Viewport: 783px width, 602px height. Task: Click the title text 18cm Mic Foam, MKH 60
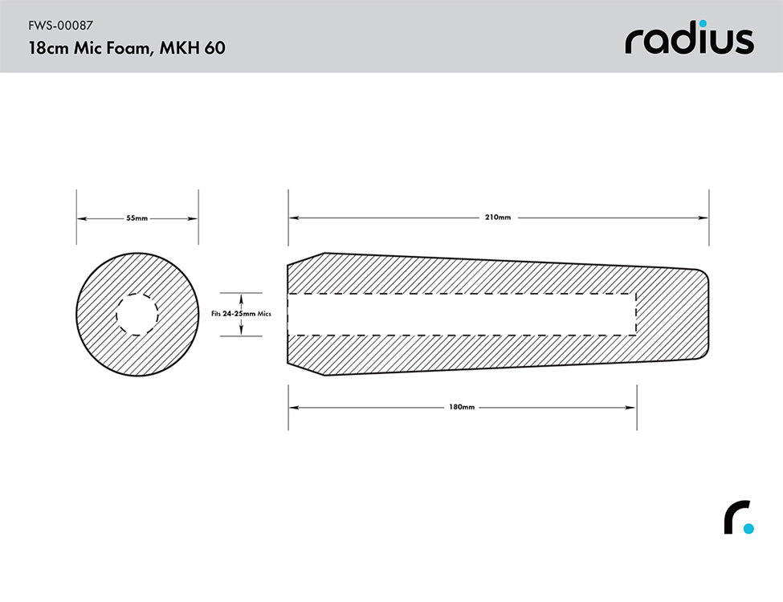tap(126, 47)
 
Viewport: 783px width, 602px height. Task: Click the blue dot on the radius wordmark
tap(703, 23)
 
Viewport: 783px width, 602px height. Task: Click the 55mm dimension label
tap(137, 218)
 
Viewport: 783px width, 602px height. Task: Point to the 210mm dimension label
tap(498, 218)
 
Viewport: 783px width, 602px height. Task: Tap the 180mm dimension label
tap(462, 408)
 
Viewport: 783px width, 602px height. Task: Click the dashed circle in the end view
tap(137, 314)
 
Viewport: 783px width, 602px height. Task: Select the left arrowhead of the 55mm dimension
tap(81, 218)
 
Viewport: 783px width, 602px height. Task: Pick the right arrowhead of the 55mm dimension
tap(194, 218)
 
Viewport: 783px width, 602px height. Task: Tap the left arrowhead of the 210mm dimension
tap(293, 218)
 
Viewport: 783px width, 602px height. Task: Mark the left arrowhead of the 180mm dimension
tap(293, 408)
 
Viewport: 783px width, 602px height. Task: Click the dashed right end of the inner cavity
tap(636, 314)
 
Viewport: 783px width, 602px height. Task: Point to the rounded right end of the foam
tap(708, 314)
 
